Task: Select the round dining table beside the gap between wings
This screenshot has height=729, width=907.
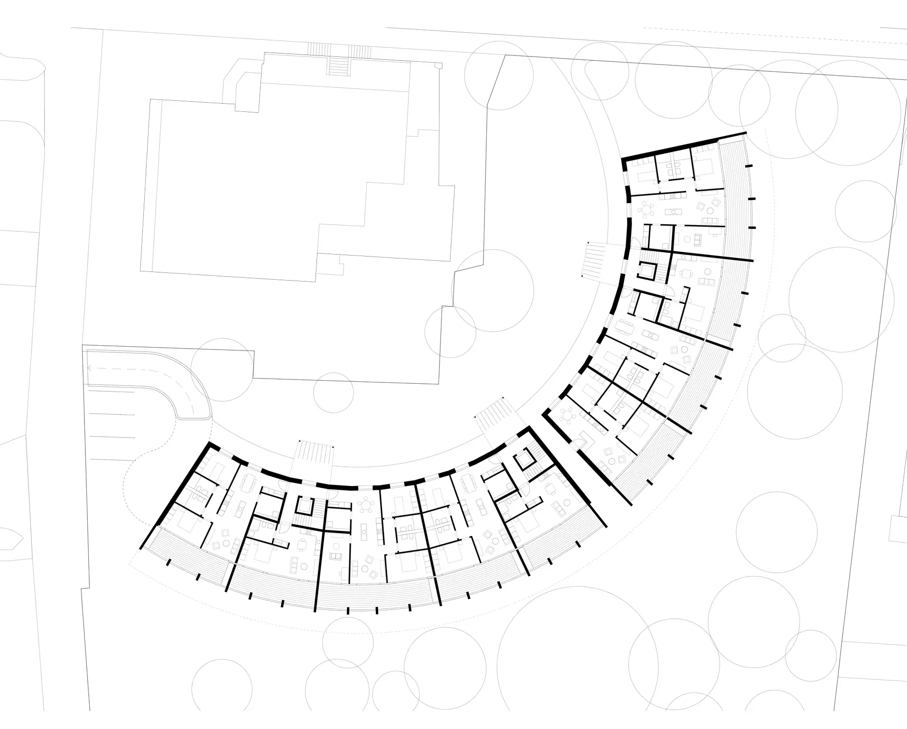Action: (570, 414)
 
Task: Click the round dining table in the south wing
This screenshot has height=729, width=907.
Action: (365, 505)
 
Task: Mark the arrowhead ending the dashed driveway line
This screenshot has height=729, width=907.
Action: (90, 368)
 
